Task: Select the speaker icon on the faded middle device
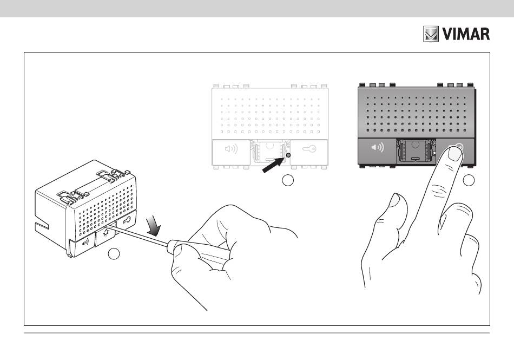pos(230,147)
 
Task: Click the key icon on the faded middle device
pos(309,148)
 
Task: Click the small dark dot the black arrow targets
pos(288,155)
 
